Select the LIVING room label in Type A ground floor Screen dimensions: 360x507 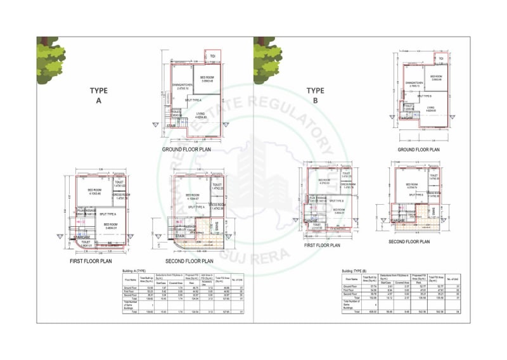click(201, 114)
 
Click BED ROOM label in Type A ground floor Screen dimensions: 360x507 click(207, 79)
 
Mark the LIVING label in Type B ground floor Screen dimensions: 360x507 click(431, 108)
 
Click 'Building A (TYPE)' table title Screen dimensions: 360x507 click(137, 270)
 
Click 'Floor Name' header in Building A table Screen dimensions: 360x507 click(131, 278)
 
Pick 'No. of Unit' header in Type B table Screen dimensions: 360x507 click(454, 278)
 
